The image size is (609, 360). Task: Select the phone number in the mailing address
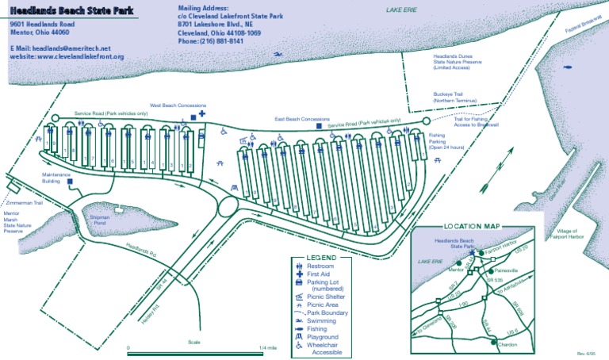coord(211,41)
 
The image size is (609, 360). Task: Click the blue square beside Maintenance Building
coord(71,182)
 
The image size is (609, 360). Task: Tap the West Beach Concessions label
coord(178,105)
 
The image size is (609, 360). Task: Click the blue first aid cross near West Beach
coord(202,114)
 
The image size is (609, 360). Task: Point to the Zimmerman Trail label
coord(26,202)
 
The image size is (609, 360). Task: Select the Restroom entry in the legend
coord(320,266)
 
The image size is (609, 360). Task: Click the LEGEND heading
coord(321,258)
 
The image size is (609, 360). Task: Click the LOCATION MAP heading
coord(472,227)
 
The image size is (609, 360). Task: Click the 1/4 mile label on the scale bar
coord(267,347)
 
